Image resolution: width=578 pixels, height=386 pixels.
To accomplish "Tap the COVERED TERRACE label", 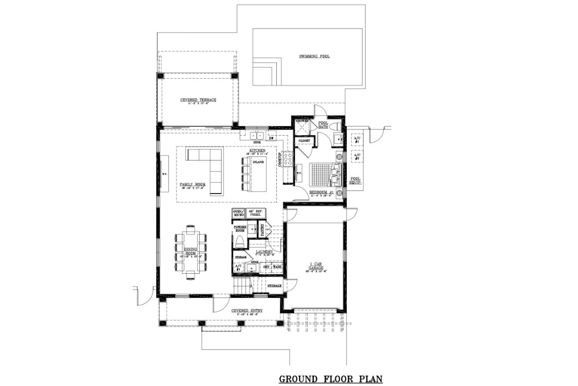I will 198,100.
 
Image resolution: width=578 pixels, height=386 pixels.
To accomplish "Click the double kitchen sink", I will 257,136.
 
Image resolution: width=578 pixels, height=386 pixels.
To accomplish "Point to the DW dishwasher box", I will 272,138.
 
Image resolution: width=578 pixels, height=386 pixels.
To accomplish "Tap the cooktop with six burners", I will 287,161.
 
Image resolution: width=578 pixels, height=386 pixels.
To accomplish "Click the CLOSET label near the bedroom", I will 304,140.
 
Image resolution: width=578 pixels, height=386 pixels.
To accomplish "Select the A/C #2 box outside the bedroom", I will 356,157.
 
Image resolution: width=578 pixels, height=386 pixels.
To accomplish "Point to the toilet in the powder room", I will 239,240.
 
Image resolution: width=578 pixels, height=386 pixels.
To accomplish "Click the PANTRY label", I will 263,231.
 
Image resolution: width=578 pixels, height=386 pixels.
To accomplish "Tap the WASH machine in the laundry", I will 277,267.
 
